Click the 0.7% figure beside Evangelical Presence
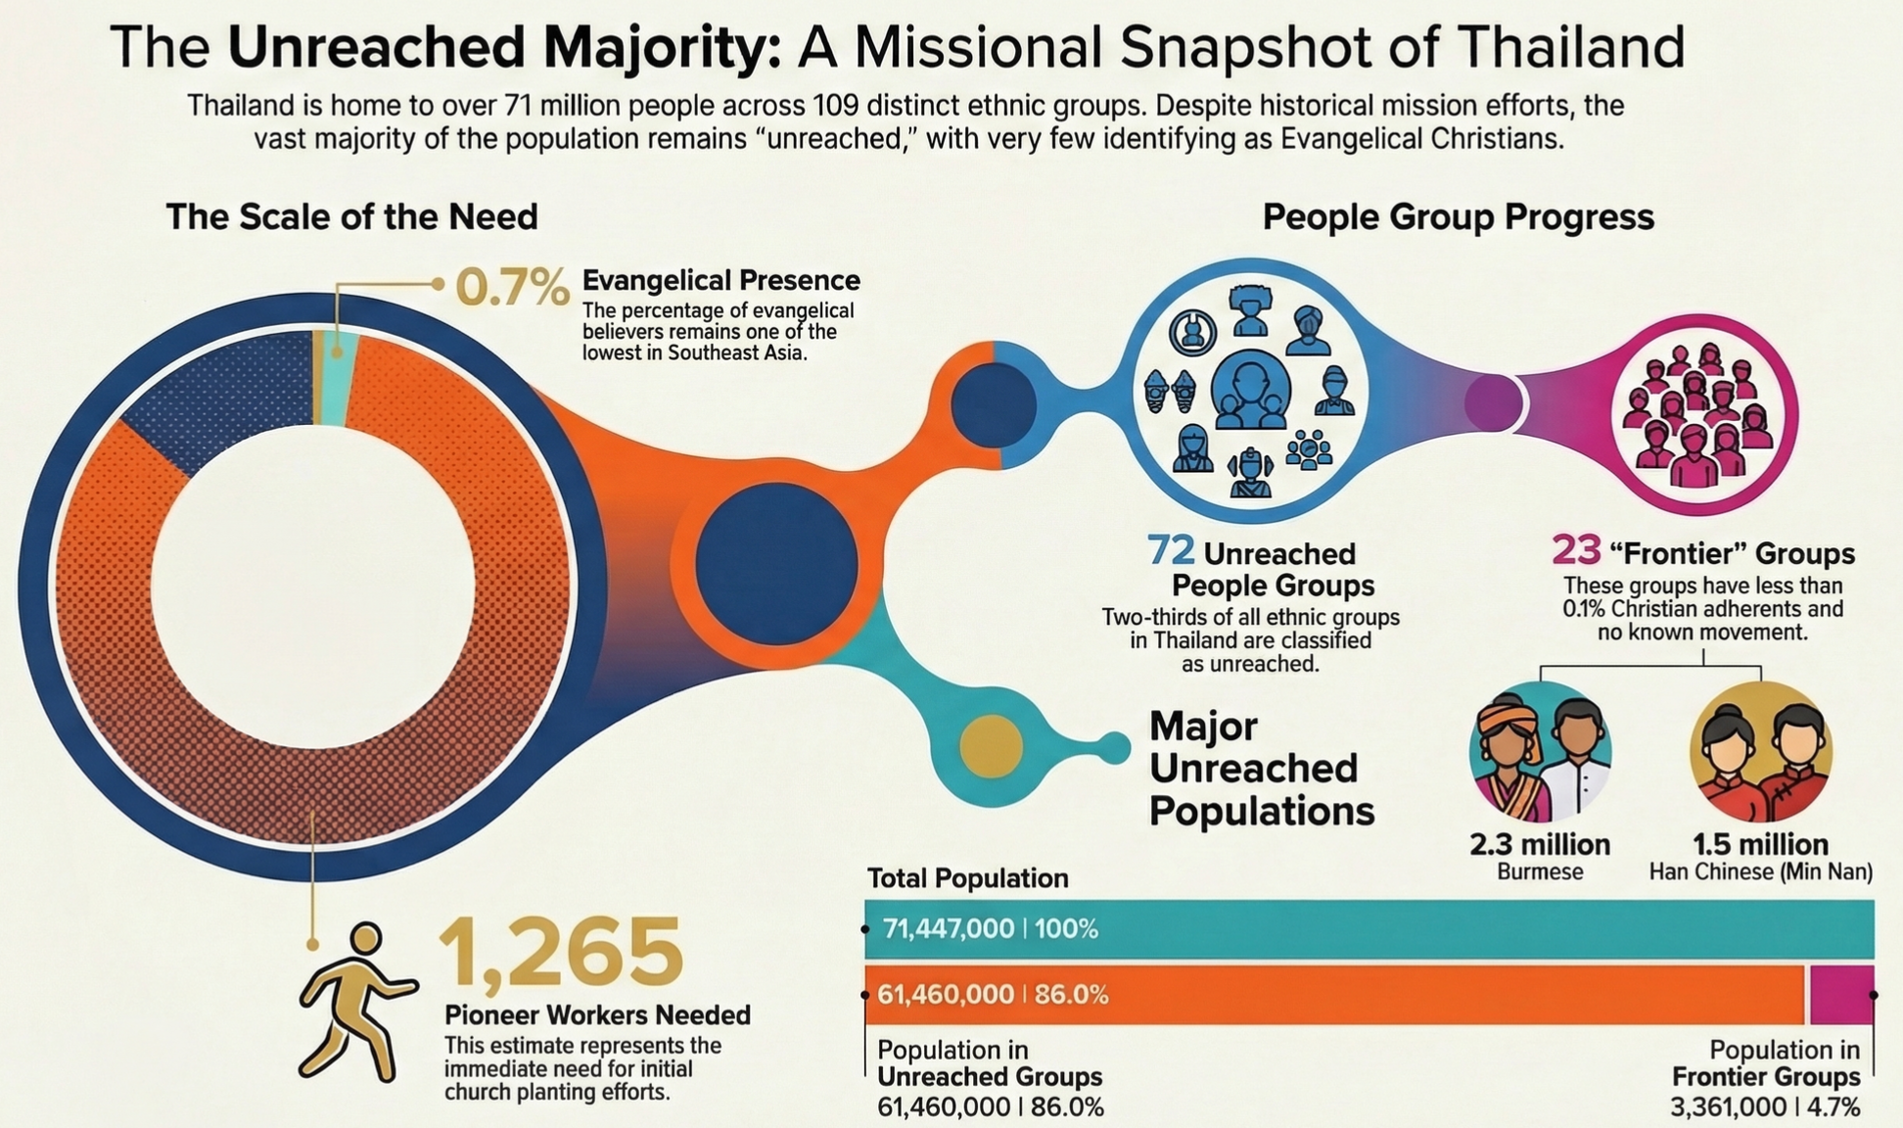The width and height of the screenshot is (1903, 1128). coord(512,287)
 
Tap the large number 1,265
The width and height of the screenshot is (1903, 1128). coord(560,952)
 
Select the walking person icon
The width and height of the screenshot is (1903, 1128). coord(354,1001)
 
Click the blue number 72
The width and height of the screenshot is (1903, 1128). coord(1171,550)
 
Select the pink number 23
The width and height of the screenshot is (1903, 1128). coord(1575,550)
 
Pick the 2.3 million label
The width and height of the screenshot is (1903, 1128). coord(1540,844)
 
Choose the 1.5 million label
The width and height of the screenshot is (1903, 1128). coord(1760,844)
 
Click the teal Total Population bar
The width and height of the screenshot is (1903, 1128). coord(1370,928)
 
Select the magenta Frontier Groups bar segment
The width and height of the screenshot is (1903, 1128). coord(1840,995)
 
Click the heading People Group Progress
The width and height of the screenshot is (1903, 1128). coord(1458,216)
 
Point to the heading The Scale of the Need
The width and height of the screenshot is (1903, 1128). coord(351,216)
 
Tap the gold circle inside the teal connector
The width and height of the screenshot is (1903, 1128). coord(991,747)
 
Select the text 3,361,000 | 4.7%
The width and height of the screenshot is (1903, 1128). coord(1764,1107)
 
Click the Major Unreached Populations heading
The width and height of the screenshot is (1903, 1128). coord(1261,769)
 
